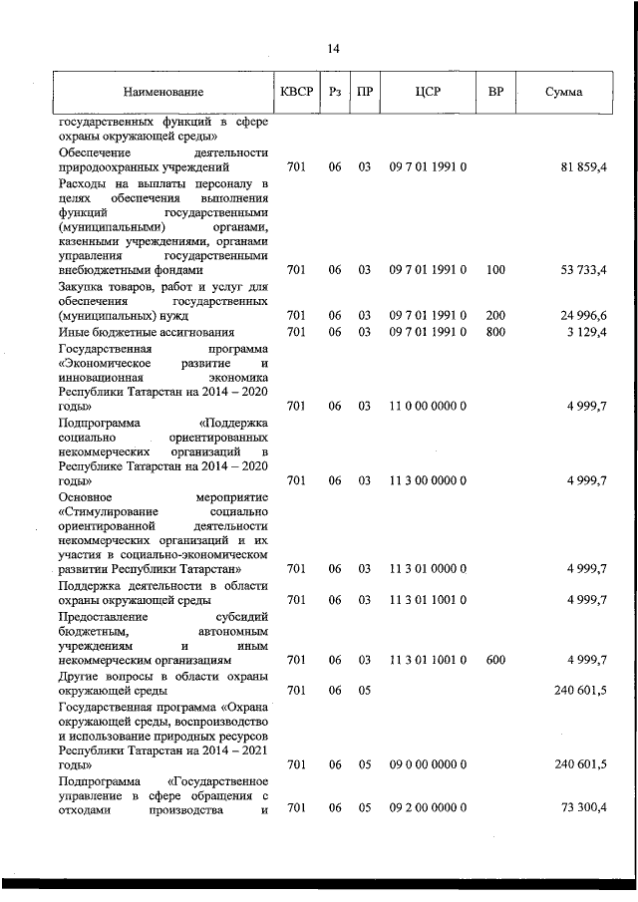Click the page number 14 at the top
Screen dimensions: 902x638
(333, 48)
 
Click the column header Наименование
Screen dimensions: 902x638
(163, 93)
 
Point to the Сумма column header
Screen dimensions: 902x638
(564, 93)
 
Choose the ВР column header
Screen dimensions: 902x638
(495, 93)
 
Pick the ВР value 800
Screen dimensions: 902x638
(495, 331)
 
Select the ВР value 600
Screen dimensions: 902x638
(495, 660)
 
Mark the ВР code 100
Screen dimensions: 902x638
(495, 269)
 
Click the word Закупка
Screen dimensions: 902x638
(84, 286)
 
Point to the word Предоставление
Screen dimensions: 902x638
(106, 615)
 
